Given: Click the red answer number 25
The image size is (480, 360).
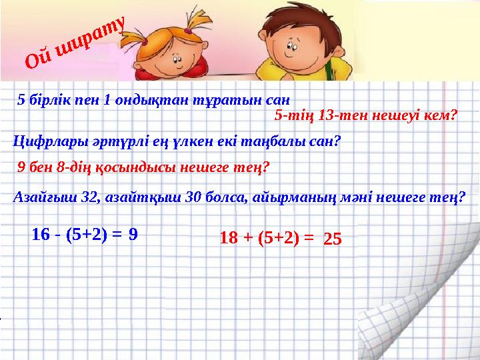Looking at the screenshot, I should [x=332, y=237].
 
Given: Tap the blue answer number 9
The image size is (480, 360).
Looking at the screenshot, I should [x=133, y=233].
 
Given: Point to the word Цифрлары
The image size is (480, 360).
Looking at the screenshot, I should [x=43, y=141].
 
